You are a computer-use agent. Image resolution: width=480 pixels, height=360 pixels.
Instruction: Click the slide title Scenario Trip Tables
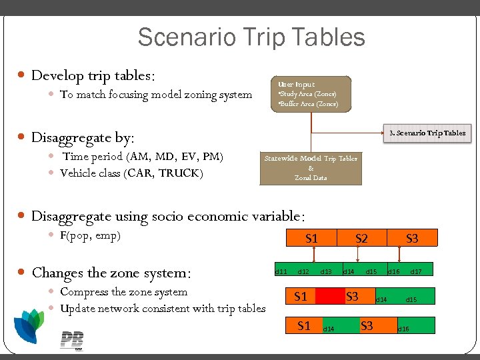point(251,37)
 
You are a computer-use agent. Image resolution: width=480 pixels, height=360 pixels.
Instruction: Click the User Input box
point(311,94)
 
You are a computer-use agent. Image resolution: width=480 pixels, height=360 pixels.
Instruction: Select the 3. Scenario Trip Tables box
point(427,133)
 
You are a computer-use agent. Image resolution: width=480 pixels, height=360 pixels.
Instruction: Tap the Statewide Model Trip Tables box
point(311,168)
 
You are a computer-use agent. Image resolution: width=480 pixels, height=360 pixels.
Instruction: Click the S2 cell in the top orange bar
point(361,238)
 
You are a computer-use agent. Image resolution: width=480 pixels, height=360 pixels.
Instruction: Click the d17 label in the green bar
point(415,271)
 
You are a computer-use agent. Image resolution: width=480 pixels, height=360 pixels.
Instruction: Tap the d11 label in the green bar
point(281,271)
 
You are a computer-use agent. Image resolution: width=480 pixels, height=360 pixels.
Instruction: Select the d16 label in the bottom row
point(403,329)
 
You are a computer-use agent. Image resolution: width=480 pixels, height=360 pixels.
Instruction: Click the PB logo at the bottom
point(71,340)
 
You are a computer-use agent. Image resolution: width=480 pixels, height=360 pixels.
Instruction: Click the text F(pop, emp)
point(90,235)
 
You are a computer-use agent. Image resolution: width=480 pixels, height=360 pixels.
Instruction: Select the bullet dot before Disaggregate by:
point(22,138)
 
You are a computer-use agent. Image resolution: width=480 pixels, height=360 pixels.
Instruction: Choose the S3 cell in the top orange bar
point(412,238)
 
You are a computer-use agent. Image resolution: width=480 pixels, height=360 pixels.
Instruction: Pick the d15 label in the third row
point(411,300)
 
